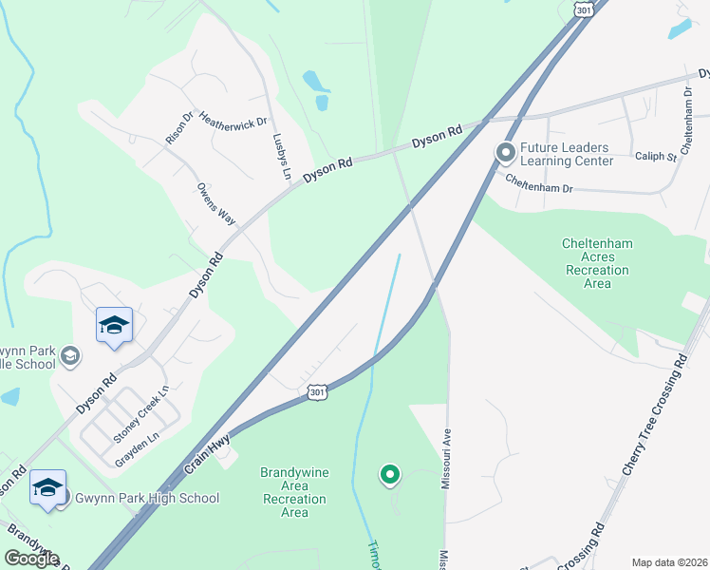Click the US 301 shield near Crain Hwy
[x=318, y=391]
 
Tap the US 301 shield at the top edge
[x=583, y=9]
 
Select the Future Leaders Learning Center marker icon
[x=506, y=152]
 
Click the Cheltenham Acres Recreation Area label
[x=598, y=263]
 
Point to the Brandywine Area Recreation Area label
[x=295, y=492]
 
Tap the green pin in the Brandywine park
[x=388, y=474]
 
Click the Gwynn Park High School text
[x=146, y=498]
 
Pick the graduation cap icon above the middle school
[x=114, y=326]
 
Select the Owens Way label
[x=215, y=202]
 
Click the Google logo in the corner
[x=32, y=559]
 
